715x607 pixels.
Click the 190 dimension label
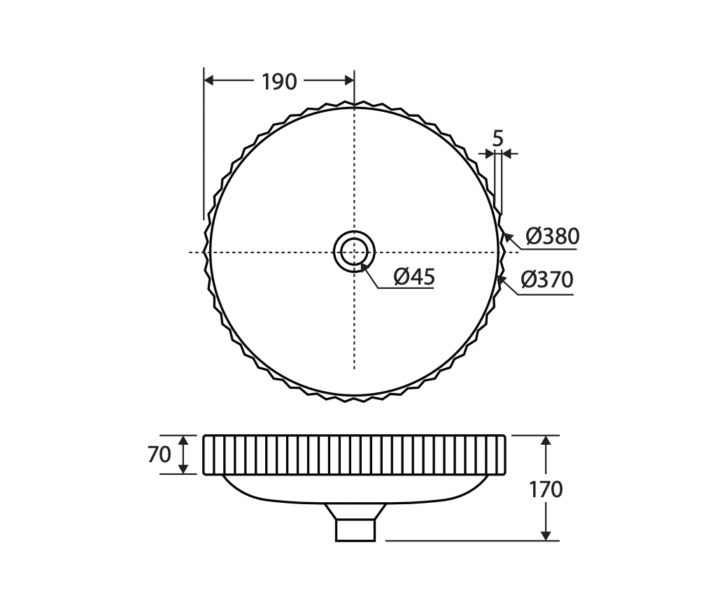tap(279, 82)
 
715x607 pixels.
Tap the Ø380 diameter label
tap(552, 236)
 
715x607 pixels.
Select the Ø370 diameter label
tap(546, 279)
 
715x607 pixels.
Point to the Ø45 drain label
tap(414, 277)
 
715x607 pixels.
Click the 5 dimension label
tap(497, 138)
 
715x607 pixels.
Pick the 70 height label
tap(159, 455)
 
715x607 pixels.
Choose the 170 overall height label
tap(546, 490)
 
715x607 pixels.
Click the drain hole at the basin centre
tap(354, 252)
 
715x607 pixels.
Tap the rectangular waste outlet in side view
tap(355, 531)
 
